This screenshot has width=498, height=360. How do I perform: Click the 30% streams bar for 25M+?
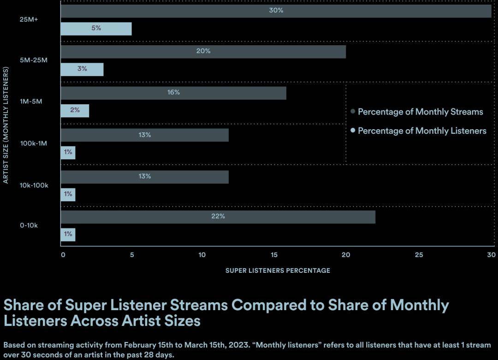(x=276, y=11)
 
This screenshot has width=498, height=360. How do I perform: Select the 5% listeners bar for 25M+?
(x=96, y=29)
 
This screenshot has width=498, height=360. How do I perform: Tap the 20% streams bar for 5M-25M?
(x=203, y=51)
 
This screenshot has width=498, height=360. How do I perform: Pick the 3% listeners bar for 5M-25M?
(x=82, y=69)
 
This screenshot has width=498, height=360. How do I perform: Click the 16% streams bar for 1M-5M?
(x=173, y=93)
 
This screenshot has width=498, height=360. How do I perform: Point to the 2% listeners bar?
(x=75, y=111)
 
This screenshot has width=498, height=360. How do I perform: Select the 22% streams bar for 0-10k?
(x=218, y=217)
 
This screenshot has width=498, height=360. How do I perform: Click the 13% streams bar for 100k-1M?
(x=144, y=135)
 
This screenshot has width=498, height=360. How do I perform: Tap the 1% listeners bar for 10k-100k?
(x=68, y=194)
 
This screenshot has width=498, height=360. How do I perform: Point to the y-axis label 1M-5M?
(x=31, y=102)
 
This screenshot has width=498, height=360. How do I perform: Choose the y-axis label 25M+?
(x=29, y=20)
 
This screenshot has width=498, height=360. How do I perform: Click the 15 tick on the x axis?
(x=274, y=255)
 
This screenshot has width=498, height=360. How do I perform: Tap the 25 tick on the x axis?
(x=419, y=255)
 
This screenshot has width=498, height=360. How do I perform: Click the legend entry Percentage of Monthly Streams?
(x=420, y=112)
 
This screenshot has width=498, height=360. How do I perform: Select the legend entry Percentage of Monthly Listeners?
(x=422, y=131)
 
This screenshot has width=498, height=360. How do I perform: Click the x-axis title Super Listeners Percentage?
(x=278, y=270)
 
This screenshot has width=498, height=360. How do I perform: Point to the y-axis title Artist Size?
(x=6, y=125)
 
